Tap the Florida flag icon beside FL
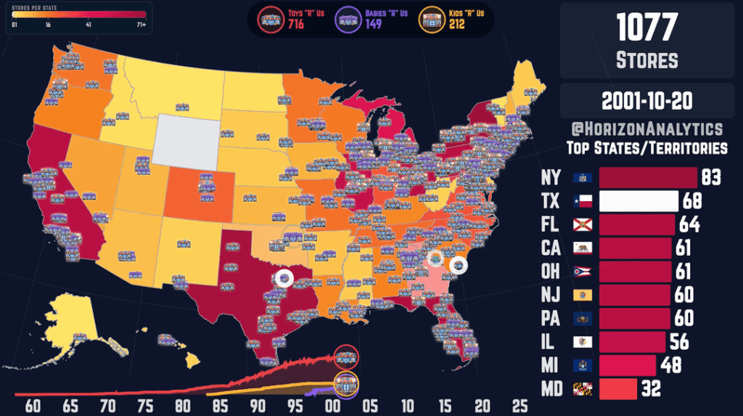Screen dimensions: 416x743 (583, 224)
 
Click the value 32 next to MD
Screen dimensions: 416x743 (651, 389)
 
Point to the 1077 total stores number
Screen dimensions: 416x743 (646, 28)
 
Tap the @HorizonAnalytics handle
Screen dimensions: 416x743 (646, 129)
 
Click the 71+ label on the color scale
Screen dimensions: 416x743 (139, 25)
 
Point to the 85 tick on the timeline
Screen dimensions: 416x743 (221, 405)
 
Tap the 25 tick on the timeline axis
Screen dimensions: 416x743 (520, 405)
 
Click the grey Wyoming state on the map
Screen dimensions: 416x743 (186, 139)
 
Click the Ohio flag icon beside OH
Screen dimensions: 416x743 (583, 272)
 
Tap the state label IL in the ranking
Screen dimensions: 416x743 (550, 342)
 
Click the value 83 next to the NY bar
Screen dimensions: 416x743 (710, 177)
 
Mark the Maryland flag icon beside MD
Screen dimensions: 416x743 (583, 389)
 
